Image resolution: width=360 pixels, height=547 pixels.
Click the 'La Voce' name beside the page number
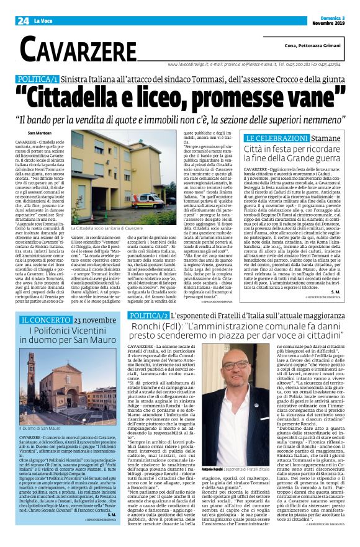click(x=43, y=7)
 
